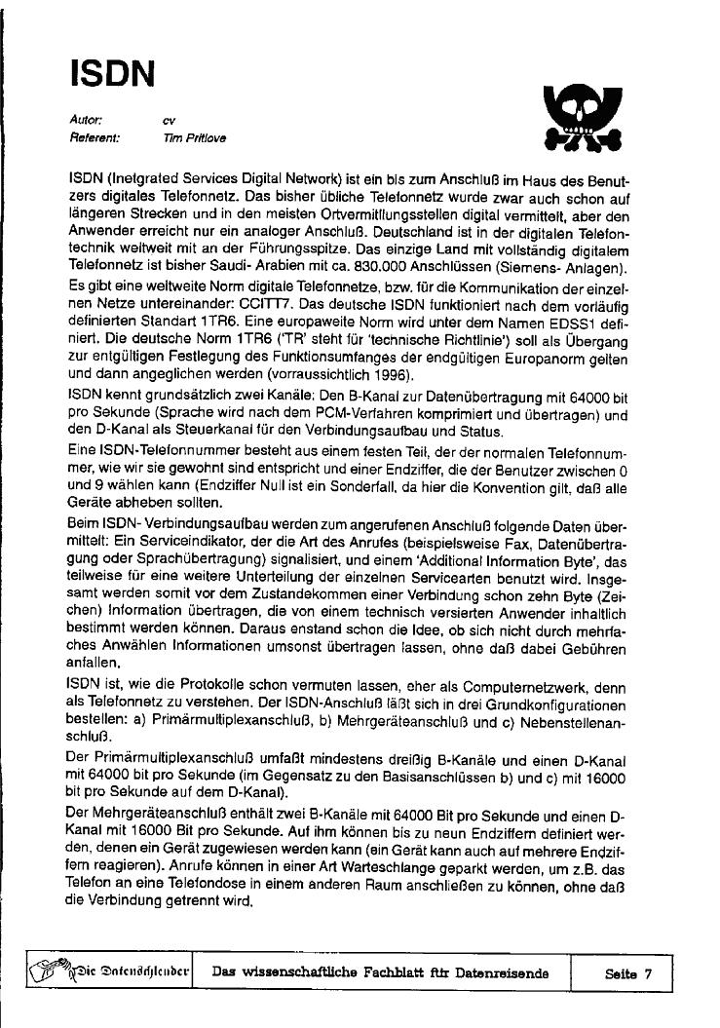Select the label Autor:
(86, 120)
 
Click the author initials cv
(170, 120)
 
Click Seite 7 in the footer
(627, 972)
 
